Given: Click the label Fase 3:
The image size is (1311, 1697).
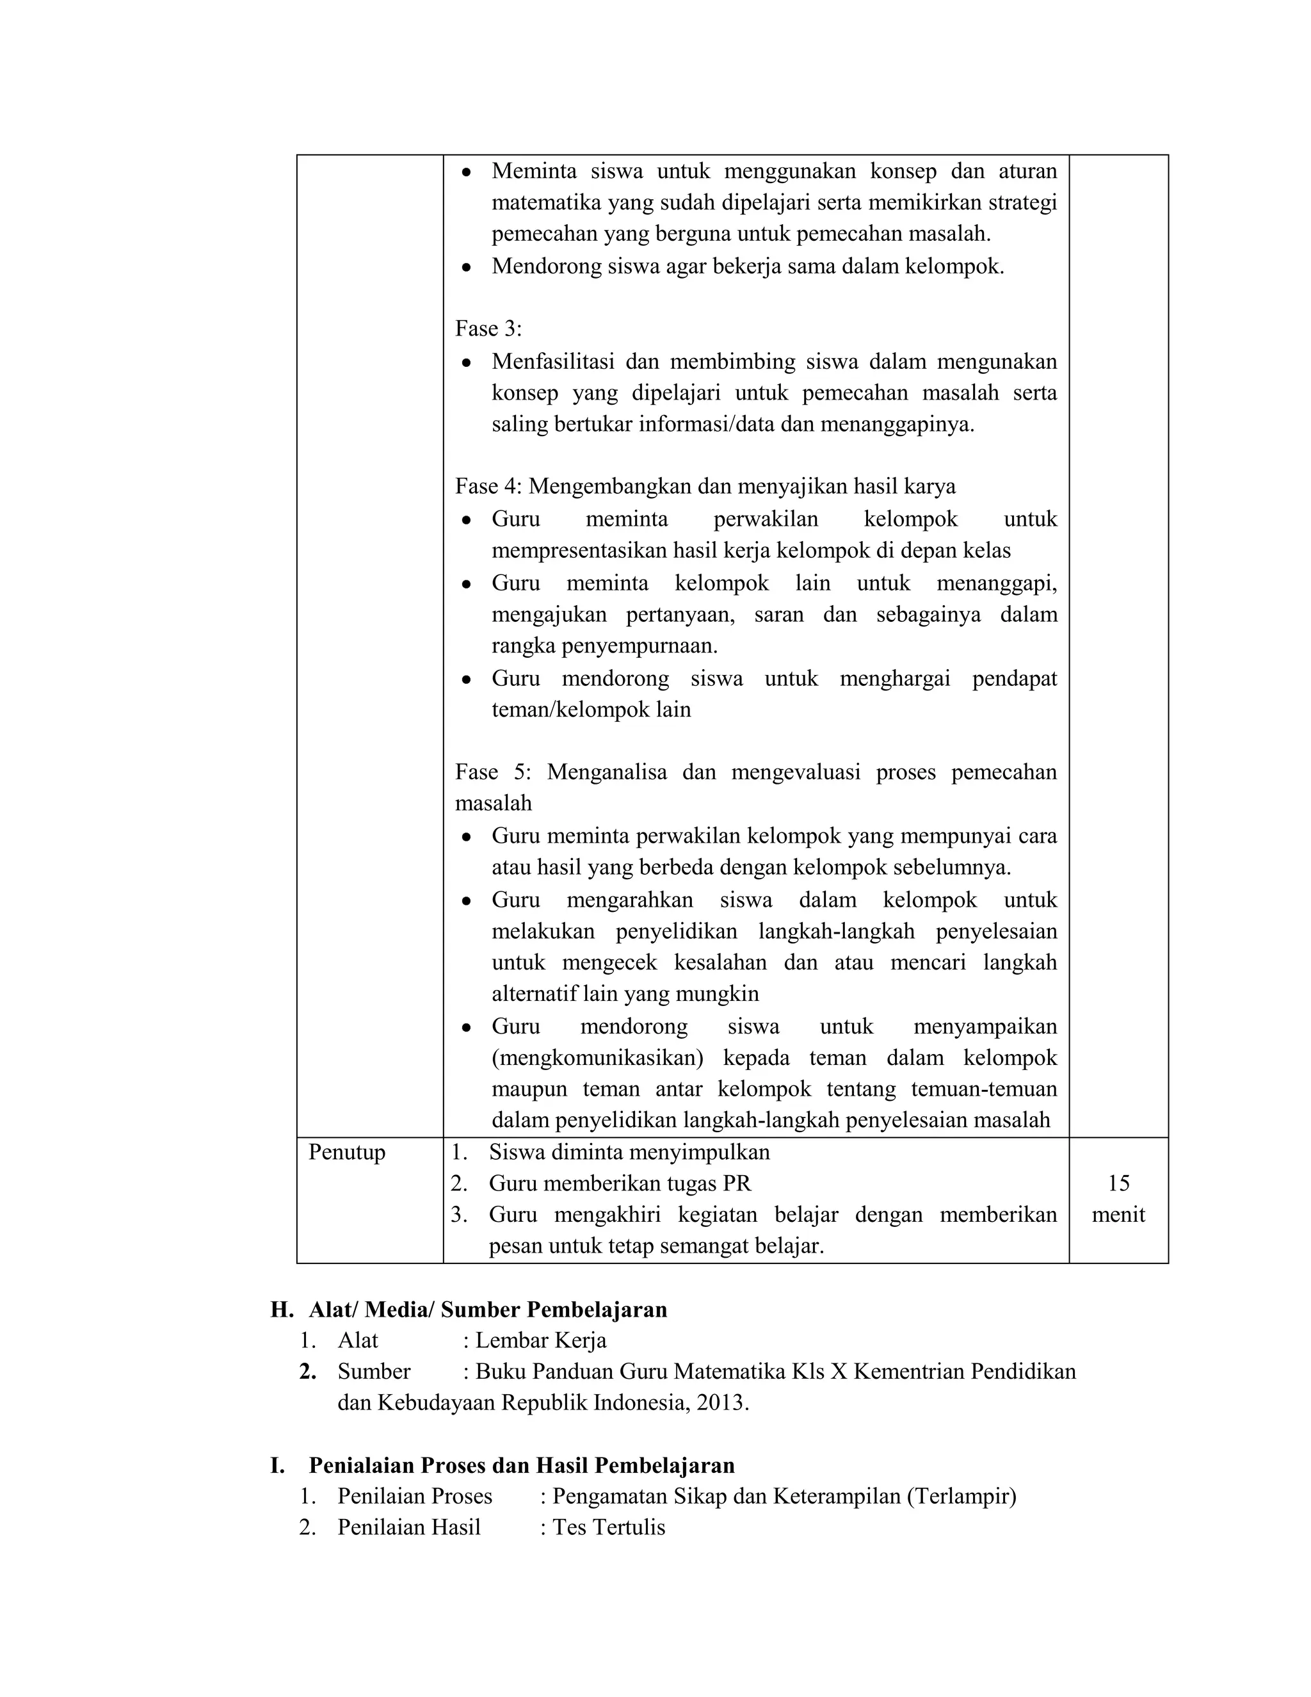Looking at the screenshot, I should pos(488,329).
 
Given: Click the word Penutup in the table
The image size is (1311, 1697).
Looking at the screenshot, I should pos(346,1151).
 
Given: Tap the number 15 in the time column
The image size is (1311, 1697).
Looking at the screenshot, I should pos(1118,1183).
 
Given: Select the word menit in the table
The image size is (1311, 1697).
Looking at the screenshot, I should pos(1118,1214).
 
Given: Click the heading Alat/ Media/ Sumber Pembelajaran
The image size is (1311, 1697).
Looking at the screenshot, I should pos(488,1310).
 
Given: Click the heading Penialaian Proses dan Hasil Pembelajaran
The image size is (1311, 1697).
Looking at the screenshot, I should pos(521,1465).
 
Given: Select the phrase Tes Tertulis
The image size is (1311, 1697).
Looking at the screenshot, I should pos(609,1527).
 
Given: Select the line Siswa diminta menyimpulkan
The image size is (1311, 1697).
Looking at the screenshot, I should pos(629,1151).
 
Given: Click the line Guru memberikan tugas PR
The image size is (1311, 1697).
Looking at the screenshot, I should pos(620,1183).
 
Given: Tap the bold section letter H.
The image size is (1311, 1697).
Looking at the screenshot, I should pos(280,1310).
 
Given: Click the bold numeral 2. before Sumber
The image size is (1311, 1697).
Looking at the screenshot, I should pos(307,1372).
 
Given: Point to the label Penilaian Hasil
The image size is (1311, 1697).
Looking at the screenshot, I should pos(408,1527).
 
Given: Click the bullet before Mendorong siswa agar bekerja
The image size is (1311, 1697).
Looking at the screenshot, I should pos(466,266).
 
